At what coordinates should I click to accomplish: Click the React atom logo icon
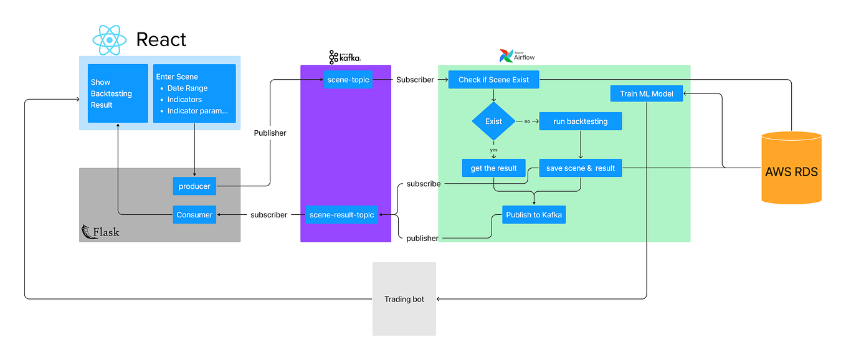(110, 40)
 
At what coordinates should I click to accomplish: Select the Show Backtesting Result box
(118, 93)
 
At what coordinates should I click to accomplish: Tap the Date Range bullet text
(187, 88)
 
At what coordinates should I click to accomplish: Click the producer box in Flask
(194, 186)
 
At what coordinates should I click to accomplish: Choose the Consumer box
(194, 215)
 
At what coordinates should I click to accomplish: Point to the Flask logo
(100, 232)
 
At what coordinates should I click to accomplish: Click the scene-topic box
(348, 80)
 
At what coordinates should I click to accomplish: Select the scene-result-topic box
(341, 215)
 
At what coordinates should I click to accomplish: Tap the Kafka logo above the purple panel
(345, 57)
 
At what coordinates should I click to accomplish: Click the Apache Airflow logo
(517, 56)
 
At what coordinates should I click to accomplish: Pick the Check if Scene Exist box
(493, 80)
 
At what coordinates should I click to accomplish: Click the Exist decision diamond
(493, 121)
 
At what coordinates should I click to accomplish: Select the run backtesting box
(580, 121)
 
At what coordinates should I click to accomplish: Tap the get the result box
(493, 168)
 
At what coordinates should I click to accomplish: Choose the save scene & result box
(580, 168)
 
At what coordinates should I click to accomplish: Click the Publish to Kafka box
(534, 215)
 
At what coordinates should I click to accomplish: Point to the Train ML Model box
(647, 94)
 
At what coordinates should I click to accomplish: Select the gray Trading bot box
(404, 299)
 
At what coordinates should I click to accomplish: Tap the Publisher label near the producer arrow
(270, 133)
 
